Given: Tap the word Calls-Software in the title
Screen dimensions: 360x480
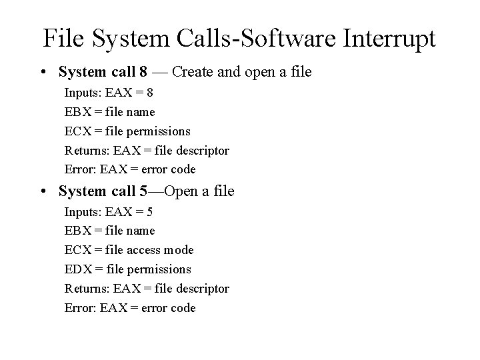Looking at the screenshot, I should point(219,38).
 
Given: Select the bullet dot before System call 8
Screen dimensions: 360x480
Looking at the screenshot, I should point(42,71).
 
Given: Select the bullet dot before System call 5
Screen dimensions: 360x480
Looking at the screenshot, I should point(42,191).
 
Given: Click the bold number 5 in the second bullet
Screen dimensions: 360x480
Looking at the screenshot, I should point(144,191).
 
